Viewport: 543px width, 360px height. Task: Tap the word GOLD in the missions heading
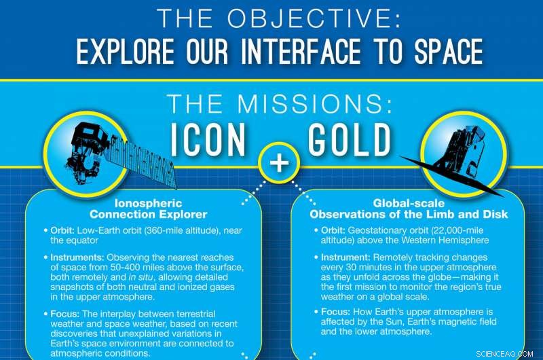[349, 139]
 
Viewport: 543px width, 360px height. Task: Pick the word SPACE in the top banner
[441, 52]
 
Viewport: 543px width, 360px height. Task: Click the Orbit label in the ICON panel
[64, 230]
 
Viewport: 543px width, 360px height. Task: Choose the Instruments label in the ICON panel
[76, 258]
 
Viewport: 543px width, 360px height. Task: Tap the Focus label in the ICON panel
[65, 314]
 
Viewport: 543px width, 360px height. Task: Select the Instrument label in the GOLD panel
[347, 258]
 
